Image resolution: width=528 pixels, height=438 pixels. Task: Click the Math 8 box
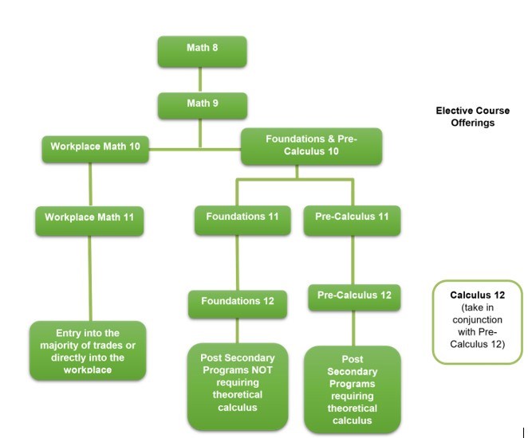tap(202, 50)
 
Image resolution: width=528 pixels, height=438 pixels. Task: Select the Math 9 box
tap(202, 105)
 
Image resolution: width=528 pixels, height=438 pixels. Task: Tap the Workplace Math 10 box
tap(95, 148)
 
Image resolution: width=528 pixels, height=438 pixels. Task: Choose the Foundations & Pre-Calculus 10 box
tap(311, 147)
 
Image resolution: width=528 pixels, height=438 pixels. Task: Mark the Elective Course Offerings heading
tap(472, 117)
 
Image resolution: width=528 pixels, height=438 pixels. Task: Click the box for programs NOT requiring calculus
tap(238, 385)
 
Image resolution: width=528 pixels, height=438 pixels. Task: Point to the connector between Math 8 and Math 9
tap(199, 80)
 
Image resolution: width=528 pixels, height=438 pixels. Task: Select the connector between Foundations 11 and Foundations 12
tap(236, 263)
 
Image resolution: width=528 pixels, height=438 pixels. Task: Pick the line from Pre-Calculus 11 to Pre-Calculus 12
tap(353, 260)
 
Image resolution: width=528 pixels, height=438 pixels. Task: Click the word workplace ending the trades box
tap(88, 370)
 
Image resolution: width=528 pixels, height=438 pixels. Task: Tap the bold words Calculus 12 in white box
tap(478, 295)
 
